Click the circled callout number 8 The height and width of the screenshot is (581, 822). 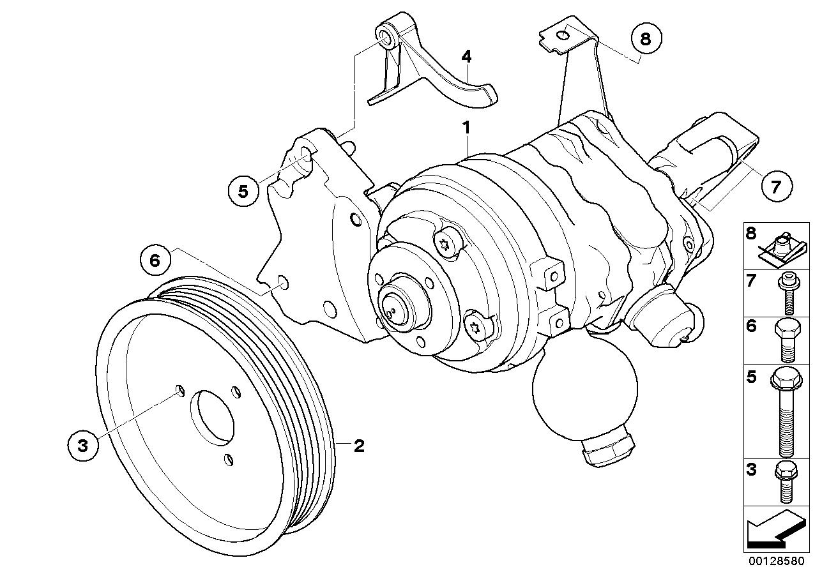(645, 39)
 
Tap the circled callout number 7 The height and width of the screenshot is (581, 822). (775, 186)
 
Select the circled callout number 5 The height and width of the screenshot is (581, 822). (242, 191)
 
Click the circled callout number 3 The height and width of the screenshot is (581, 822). (82, 445)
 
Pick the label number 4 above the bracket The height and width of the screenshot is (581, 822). (467, 57)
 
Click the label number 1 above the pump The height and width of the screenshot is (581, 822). (467, 127)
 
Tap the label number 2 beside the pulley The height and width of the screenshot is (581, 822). (359, 446)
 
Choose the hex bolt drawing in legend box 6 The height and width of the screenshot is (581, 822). (785, 339)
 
